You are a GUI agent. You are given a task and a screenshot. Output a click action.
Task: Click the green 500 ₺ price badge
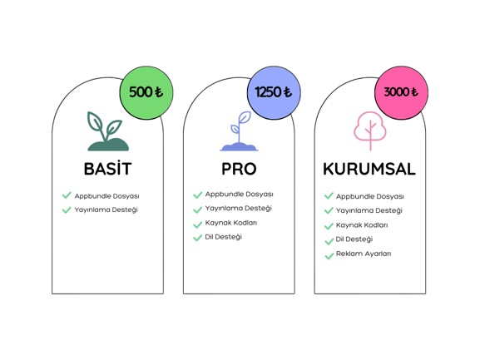[146, 92]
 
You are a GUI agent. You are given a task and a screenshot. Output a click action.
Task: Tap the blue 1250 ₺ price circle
[274, 92]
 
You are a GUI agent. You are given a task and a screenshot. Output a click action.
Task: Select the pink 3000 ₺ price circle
[401, 92]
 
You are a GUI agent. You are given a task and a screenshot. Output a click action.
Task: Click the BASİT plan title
[108, 169]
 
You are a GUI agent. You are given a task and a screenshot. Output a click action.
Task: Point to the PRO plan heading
[239, 169]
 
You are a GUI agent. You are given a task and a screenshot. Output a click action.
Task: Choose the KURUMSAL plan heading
[369, 169]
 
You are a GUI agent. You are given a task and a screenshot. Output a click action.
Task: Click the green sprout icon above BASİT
[108, 131]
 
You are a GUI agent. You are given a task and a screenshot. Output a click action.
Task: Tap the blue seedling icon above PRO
[239, 131]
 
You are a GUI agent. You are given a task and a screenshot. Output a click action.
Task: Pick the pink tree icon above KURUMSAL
[370, 131]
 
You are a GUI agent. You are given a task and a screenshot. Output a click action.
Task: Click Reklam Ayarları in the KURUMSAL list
[364, 254]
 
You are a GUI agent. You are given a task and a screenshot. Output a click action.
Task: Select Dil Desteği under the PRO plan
[224, 237]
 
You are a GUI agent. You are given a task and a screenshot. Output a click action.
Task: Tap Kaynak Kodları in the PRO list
[231, 223]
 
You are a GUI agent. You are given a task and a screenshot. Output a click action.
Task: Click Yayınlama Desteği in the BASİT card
[106, 210]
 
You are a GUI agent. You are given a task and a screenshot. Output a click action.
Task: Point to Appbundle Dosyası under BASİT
[106, 196]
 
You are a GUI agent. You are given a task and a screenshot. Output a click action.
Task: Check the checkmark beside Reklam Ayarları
[329, 256]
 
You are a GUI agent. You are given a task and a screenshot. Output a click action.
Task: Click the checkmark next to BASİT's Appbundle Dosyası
[67, 195]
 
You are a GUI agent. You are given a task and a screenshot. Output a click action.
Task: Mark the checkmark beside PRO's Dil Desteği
[198, 237]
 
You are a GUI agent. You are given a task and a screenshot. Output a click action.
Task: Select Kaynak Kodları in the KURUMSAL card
[362, 225]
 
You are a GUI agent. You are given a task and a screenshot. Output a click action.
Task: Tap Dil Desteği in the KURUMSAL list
[354, 239]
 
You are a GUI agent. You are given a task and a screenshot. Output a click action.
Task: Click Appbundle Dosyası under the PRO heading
[239, 195]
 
